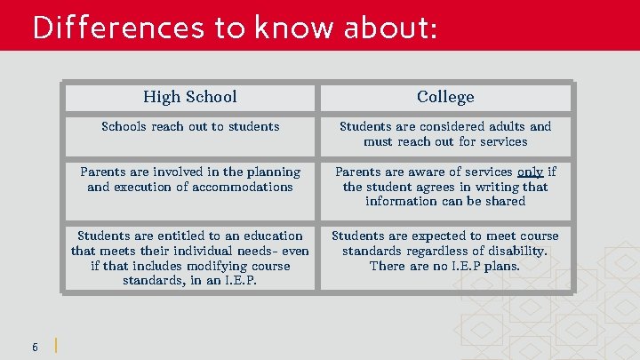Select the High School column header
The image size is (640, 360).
(x=190, y=96)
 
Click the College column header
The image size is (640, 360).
(x=445, y=97)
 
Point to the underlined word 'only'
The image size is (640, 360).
(x=531, y=172)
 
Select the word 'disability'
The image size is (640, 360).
(x=516, y=251)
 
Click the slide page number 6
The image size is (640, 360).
(x=35, y=346)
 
